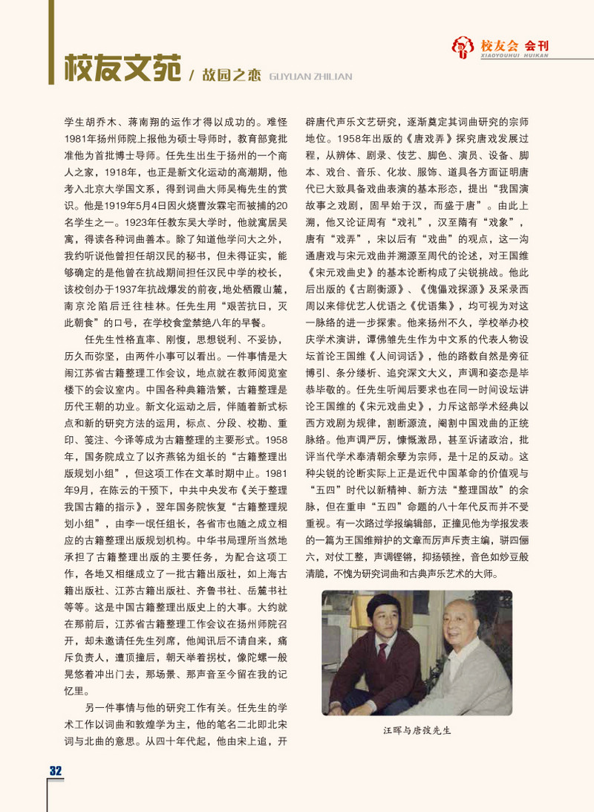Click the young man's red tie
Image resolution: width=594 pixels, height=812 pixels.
(x=382, y=658)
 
